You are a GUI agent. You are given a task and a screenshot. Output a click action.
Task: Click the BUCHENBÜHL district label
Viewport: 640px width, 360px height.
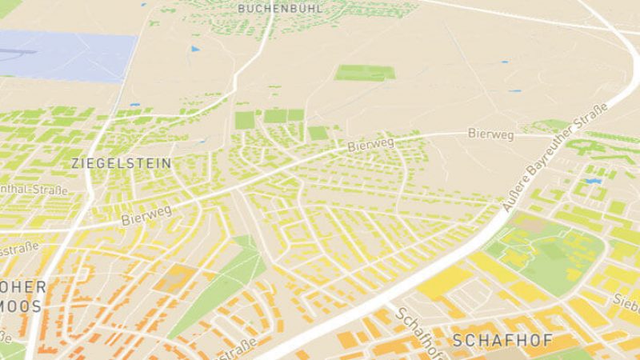(280, 8)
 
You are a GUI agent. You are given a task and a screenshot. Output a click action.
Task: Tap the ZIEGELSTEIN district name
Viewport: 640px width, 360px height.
(121, 162)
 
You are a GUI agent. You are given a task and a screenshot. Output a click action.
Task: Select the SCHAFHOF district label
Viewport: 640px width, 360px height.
(502, 340)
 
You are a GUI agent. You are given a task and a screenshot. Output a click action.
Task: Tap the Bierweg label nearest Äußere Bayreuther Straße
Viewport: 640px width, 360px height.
(490, 134)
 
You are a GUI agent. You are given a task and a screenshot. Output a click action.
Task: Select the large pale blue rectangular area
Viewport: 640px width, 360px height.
(68, 56)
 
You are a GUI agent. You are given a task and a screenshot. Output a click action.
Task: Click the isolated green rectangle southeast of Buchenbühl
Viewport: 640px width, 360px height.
(364, 73)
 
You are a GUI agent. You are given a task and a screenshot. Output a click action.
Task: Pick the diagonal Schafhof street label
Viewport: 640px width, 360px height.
(416, 330)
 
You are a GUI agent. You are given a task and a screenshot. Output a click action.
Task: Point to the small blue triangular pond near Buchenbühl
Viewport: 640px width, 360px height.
(194, 49)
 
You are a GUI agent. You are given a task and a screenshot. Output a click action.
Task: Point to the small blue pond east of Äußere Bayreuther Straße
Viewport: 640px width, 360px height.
(592, 182)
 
